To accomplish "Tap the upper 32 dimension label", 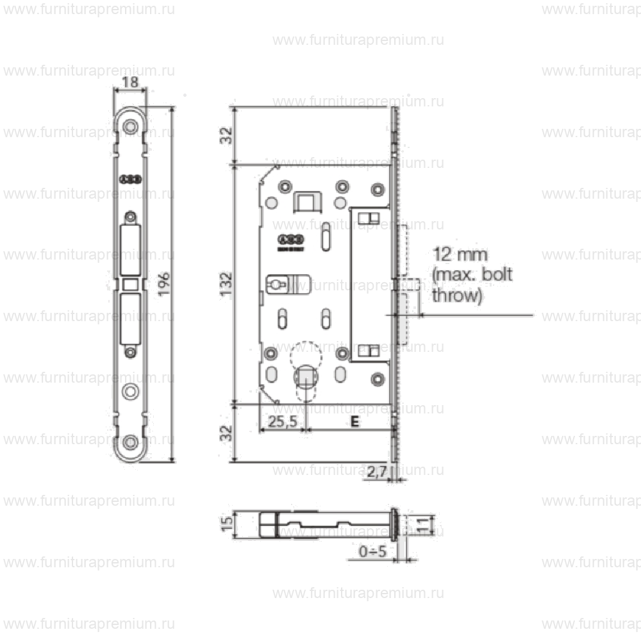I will [226, 135].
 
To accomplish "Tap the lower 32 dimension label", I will [226, 433].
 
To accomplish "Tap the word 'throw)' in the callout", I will [456, 296].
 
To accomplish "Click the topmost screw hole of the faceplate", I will [131, 126].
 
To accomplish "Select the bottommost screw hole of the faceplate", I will [131, 442].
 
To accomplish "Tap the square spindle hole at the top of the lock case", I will [306, 201].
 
